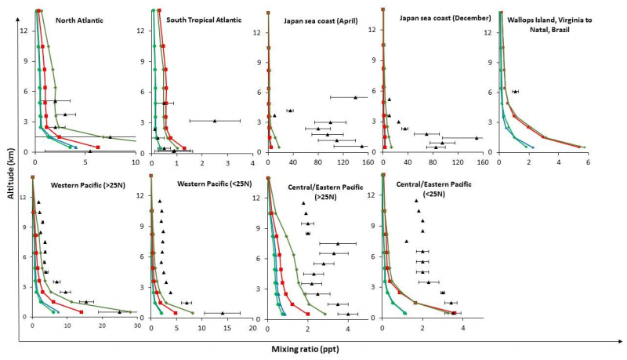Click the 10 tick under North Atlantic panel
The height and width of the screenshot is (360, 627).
(135, 163)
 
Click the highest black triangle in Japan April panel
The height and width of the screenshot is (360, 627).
(355, 97)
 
